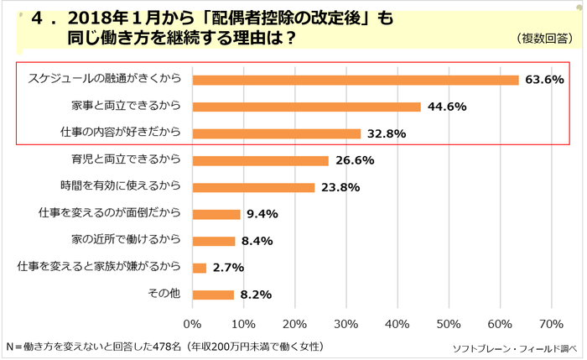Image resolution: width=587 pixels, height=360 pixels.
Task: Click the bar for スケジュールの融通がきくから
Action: [x=356, y=80]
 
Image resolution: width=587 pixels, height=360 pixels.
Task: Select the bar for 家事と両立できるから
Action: [x=307, y=107]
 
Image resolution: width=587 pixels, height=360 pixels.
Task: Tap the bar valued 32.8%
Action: [x=277, y=133]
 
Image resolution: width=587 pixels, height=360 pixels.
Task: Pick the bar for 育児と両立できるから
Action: [x=261, y=160]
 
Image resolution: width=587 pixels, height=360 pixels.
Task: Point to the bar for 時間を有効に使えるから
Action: [x=254, y=187]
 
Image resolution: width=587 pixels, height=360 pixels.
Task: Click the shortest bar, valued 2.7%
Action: [x=200, y=268]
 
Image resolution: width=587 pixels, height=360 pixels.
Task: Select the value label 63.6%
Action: [x=546, y=80]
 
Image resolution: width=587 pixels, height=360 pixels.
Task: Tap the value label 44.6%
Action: [x=449, y=107]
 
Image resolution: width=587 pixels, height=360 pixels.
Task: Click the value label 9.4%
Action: [x=262, y=214]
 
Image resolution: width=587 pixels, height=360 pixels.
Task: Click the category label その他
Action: [x=164, y=295]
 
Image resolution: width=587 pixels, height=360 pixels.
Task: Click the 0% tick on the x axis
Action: [x=194, y=324]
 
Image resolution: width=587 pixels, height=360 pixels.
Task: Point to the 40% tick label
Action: [x=397, y=324]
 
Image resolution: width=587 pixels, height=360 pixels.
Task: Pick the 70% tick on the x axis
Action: [x=550, y=324]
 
